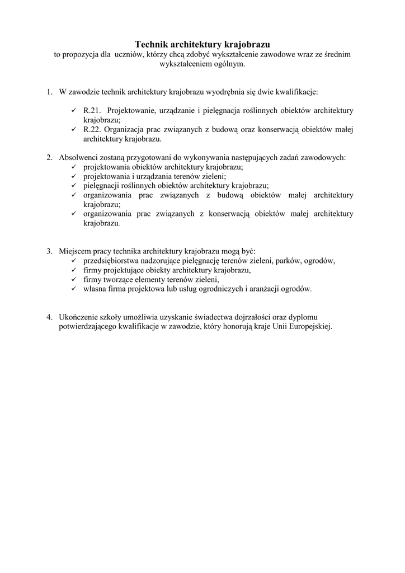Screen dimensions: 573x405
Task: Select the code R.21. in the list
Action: tap(92, 110)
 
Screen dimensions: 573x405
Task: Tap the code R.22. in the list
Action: tap(92, 129)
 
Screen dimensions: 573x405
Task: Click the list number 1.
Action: tap(50, 91)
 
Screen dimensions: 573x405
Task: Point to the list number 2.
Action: tap(50, 158)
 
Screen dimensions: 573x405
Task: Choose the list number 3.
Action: tap(50, 251)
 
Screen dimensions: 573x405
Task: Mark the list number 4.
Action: tap(50, 317)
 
